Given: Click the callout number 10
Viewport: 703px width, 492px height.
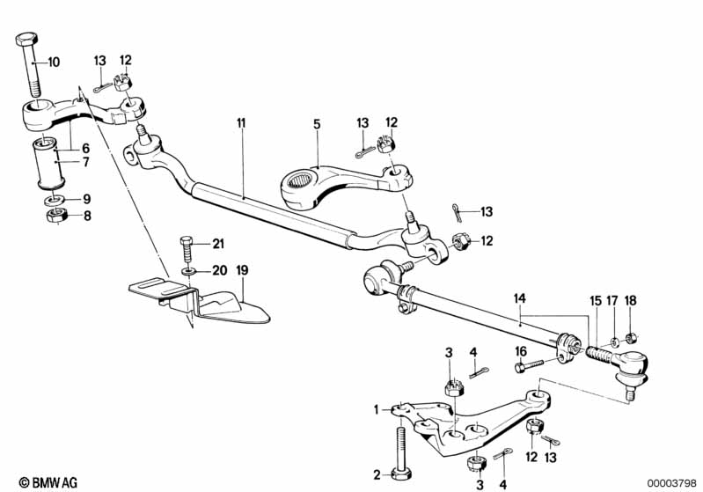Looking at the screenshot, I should point(54,62).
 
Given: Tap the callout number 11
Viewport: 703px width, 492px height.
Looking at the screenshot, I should point(241,124).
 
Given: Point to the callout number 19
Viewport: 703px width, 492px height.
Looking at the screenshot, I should point(242,271).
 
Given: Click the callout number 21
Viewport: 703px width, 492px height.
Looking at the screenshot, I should point(217,243).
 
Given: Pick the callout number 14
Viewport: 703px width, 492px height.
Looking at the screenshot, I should point(520,300).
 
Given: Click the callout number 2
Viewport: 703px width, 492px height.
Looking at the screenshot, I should point(377,474).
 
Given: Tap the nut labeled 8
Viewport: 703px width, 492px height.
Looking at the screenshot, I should point(52,216).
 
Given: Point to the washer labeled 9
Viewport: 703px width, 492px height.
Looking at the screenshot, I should point(52,199).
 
